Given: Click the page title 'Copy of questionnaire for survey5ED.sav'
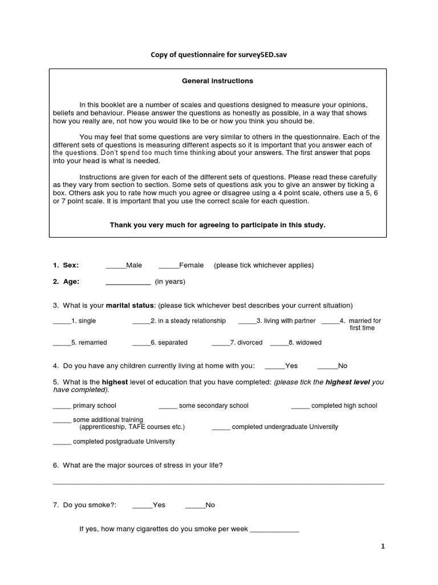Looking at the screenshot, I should [x=217, y=54].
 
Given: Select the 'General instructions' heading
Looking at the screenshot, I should [x=217, y=81].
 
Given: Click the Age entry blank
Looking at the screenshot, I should [x=128, y=282].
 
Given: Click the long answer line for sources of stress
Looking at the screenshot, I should [x=218, y=484].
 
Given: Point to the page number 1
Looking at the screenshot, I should [x=383, y=547].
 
